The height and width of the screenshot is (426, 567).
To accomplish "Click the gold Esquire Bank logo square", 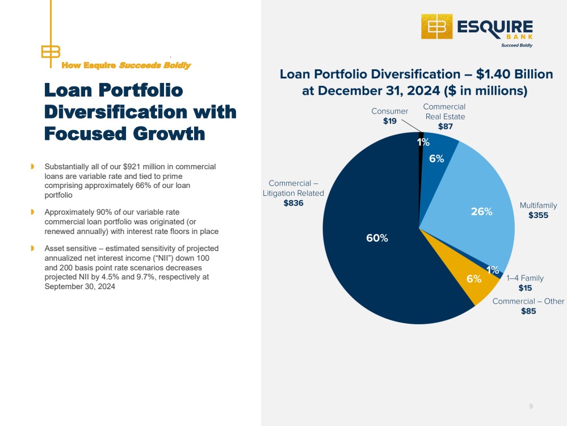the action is click(x=437, y=27).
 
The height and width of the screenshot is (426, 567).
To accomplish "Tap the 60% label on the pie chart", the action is click(x=377, y=238).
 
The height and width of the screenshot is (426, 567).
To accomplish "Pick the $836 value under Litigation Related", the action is click(x=293, y=203).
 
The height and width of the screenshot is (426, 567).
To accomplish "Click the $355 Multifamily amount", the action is click(x=538, y=215).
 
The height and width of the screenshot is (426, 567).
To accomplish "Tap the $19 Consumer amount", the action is click(x=390, y=121).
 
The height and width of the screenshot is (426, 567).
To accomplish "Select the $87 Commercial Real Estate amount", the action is click(x=445, y=126).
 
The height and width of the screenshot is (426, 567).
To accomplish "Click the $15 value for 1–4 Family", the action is click(x=525, y=288).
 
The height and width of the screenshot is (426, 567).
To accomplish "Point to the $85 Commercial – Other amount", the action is click(x=528, y=311).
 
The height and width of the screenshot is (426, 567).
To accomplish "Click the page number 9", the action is click(x=531, y=406).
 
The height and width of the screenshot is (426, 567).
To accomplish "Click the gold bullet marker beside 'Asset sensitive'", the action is click(x=32, y=248).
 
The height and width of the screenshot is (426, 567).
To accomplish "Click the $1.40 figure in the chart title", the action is click(x=489, y=74).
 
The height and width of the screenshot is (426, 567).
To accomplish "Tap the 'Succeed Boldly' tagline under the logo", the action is click(x=516, y=45).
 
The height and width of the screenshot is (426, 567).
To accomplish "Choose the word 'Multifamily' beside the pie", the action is click(x=539, y=205).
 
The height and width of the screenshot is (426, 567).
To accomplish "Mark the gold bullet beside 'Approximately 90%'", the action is click(x=32, y=212).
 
